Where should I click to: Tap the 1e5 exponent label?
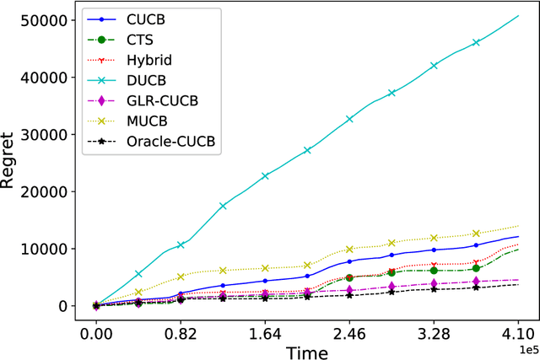(525, 346)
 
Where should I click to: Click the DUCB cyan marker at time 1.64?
(265, 176)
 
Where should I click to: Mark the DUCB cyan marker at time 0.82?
(181, 245)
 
